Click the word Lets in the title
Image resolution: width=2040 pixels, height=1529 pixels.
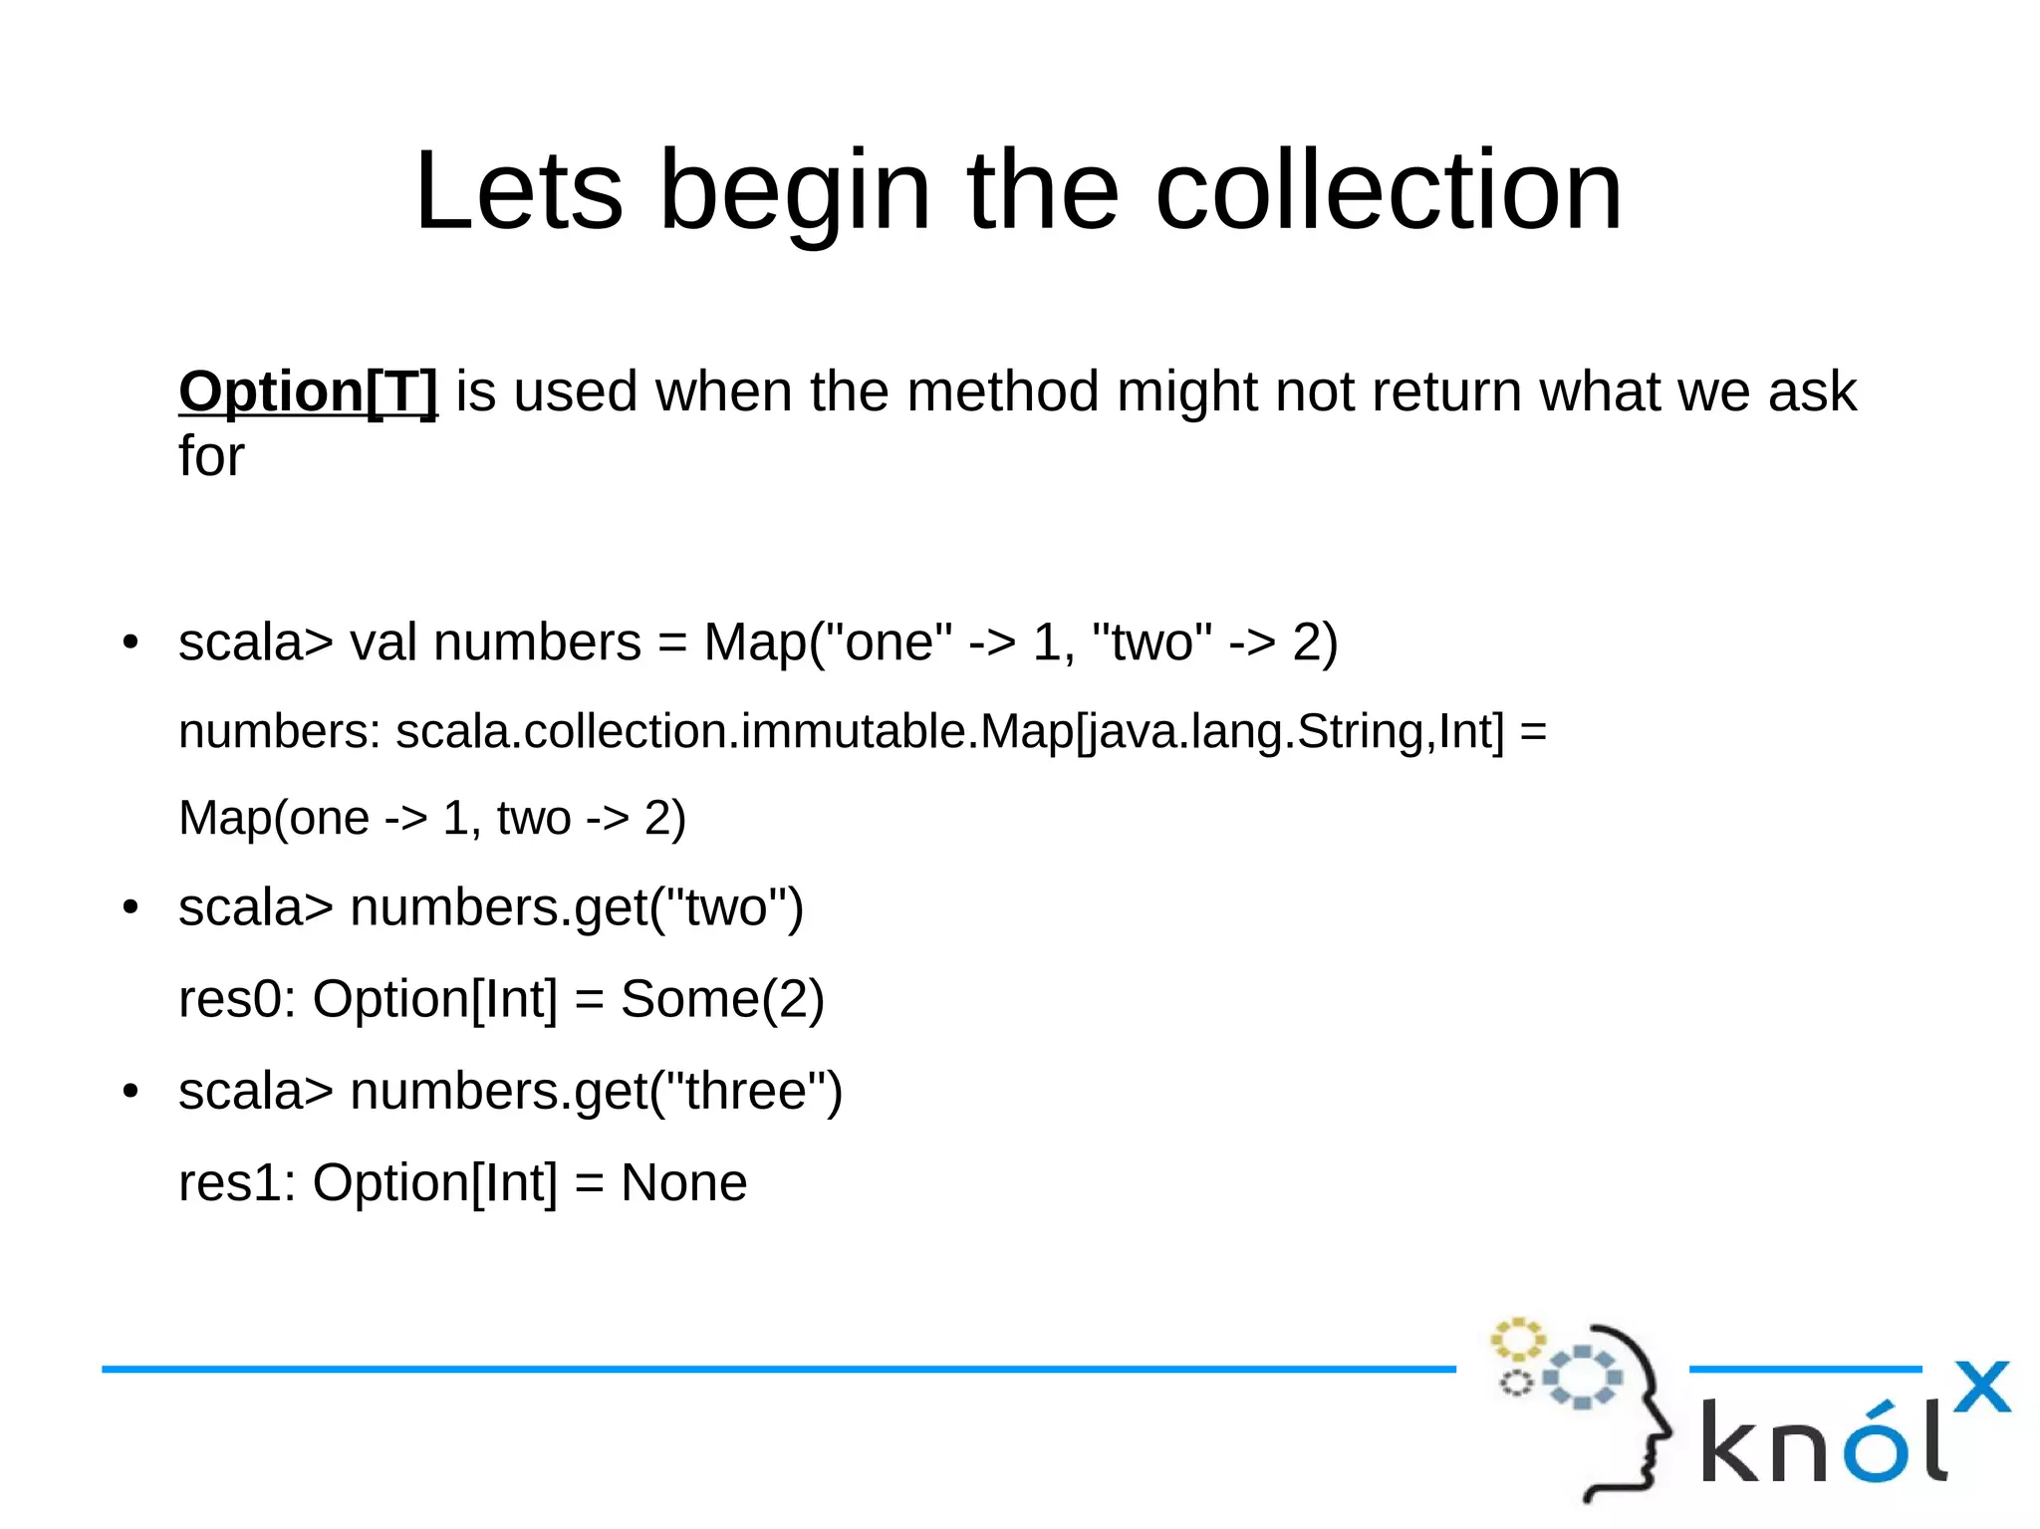click(518, 190)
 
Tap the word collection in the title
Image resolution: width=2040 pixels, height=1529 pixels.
click(1389, 190)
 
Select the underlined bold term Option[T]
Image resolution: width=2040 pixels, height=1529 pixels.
click(308, 391)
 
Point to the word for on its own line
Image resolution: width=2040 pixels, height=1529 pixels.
click(211, 456)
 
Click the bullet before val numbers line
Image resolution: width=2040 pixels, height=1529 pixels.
click(130, 642)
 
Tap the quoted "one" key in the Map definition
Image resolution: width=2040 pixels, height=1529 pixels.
click(896, 642)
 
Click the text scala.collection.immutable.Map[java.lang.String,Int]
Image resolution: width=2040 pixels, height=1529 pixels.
click(949, 732)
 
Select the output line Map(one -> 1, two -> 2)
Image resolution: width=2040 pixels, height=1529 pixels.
click(432, 819)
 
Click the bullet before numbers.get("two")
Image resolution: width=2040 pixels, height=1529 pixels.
click(130, 908)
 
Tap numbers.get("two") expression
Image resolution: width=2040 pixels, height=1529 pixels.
click(577, 908)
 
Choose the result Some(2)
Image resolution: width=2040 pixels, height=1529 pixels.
click(722, 999)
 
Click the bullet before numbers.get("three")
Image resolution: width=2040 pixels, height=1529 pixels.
click(130, 1092)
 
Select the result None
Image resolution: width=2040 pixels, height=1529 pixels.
click(683, 1183)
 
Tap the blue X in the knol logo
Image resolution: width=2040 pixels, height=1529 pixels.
click(1981, 1387)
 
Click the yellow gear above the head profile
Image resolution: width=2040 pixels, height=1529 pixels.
click(1517, 1340)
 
